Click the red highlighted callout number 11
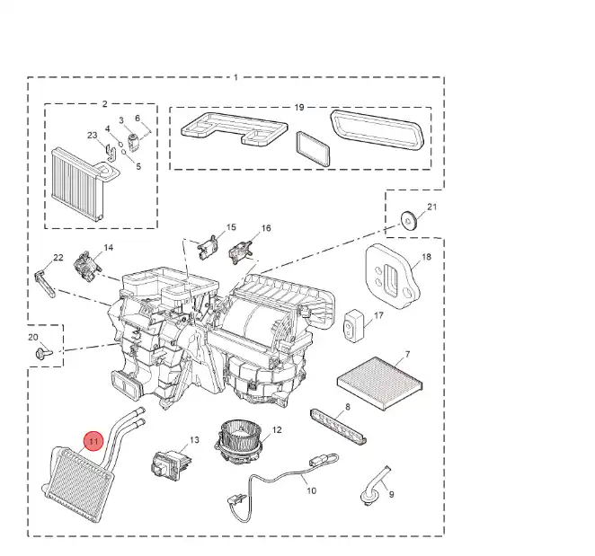93,441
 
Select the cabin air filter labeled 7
380,383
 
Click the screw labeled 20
42,354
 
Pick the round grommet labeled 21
409,221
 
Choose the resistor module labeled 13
171,464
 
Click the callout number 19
299,107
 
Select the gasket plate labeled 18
393,277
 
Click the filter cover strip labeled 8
339,427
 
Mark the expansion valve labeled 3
133,142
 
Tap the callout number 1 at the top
235,77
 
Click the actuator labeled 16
239,252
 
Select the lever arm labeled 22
45,284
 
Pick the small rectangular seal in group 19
313,149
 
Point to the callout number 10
311,490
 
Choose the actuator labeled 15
207,247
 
